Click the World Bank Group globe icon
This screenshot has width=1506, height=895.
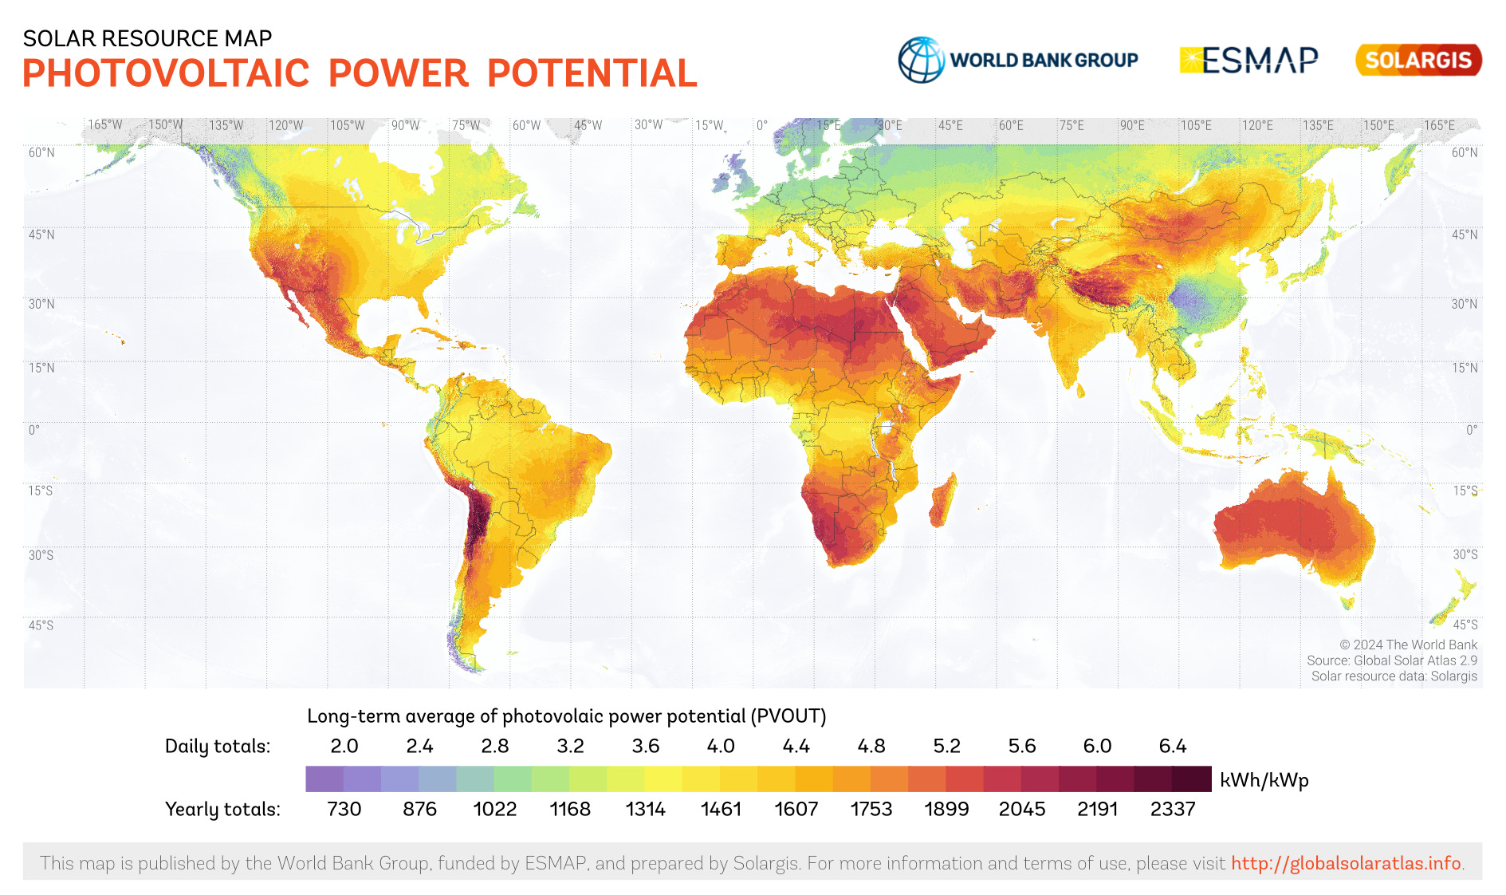(x=921, y=60)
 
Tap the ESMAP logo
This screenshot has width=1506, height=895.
(x=1248, y=60)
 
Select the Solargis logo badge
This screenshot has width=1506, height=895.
(x=1418, y=60)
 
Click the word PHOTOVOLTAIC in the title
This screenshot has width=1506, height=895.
(x=166, y=73)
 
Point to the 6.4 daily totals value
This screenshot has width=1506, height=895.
(x=1172, y=746)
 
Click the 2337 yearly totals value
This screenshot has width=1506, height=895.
(x=1172, y=809)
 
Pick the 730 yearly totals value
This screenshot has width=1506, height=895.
(x=344, y=809)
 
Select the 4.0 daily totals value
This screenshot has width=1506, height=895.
(x=721, y=746)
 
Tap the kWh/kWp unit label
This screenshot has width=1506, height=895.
(x=1264, y=780)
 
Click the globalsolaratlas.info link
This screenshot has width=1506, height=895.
(x=1346, y=863)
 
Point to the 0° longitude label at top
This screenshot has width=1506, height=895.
(x=762, y=125)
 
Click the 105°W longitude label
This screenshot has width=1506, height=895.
(x=347, y=125)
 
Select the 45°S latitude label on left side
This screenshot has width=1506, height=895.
(x=41, y=625)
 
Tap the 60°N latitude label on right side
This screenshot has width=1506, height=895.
(x=1464, y=152)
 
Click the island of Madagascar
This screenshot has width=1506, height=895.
(x=942, y=501)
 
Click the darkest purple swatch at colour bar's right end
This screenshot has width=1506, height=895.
(x=1192, y=779)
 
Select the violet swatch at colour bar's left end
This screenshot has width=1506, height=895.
(x=324, y=779)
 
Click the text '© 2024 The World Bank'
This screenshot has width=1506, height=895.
(x=1408, y=645)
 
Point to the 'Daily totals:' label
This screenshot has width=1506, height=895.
(x=218, y=746)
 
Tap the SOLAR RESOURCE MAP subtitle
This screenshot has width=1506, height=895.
(x=147, y=38)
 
